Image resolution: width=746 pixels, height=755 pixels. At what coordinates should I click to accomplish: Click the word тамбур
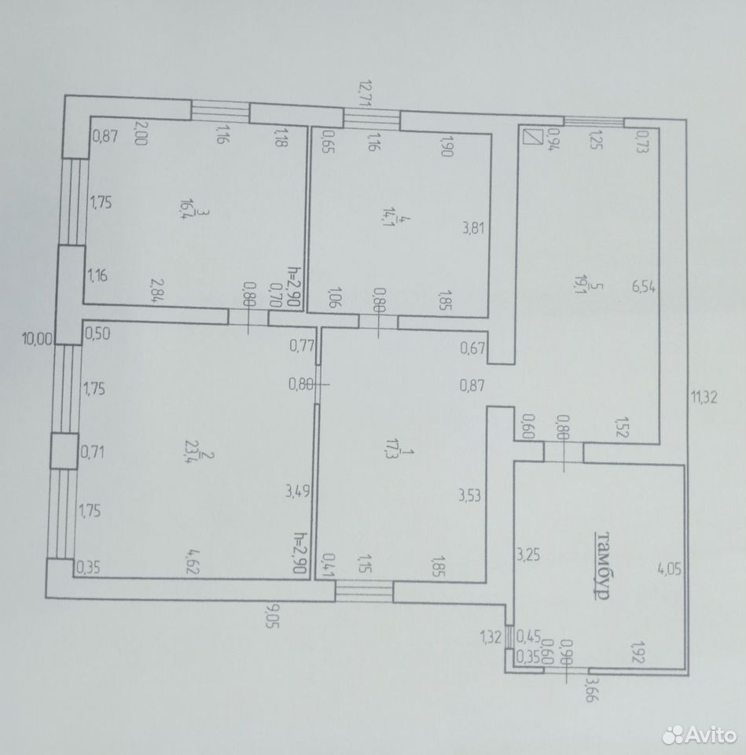tap(603, 565)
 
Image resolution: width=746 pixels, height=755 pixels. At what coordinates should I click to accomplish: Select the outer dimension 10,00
tap(37, 340)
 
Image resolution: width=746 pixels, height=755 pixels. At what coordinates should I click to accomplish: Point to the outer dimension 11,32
tap(704, 397)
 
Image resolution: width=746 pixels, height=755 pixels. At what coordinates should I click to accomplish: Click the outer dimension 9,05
tap(272, 621)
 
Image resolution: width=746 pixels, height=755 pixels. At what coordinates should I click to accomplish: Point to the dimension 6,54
tap(644, 288)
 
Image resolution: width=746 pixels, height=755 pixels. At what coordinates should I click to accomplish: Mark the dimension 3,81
tap(473, 228)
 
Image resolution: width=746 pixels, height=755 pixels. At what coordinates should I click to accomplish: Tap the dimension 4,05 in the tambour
tap(670, 569)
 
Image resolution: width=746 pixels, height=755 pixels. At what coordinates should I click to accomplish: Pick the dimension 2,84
tap(157, 290)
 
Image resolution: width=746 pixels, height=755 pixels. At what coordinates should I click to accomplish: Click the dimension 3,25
tap(528, 554)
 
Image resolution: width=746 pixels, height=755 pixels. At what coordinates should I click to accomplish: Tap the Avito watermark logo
tap(700, 735)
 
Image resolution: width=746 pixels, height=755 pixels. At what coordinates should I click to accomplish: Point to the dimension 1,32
tap(491, 638)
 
